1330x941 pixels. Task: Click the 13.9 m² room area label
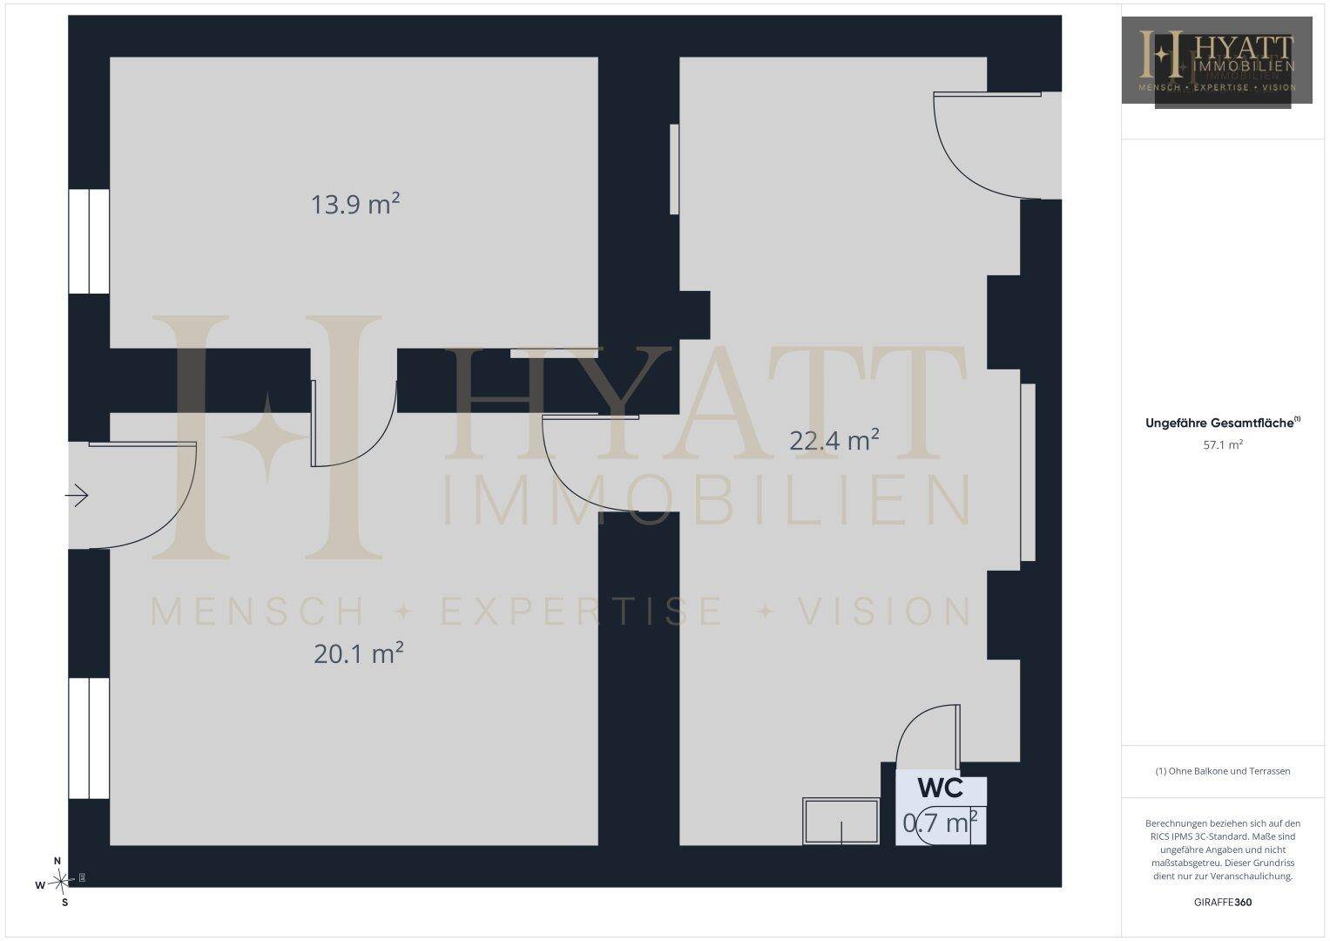coord(355,204)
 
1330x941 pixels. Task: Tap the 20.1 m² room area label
coord(359,653)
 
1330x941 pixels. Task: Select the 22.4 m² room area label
coord(834,440)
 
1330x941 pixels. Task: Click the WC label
coord(941,788)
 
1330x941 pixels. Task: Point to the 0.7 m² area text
coord(940,823)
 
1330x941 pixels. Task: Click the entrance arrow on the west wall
coord(77,495)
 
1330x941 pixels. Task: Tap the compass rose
coord(60,882)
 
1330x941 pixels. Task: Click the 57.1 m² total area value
coord(1223,444)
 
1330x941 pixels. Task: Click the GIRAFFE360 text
coord(1223,902)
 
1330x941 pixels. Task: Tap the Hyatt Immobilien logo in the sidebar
coord(1217,60)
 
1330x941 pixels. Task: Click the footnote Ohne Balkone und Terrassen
coord(1223,771)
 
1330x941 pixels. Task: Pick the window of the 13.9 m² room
coord(89,241)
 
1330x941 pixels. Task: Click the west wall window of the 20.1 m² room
coord(89,739)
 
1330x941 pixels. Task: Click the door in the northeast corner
coord(987,146)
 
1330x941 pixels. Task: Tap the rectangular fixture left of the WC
coord(841,821)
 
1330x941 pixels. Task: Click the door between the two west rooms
coord(354,423)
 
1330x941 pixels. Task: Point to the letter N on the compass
coord(57,861)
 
